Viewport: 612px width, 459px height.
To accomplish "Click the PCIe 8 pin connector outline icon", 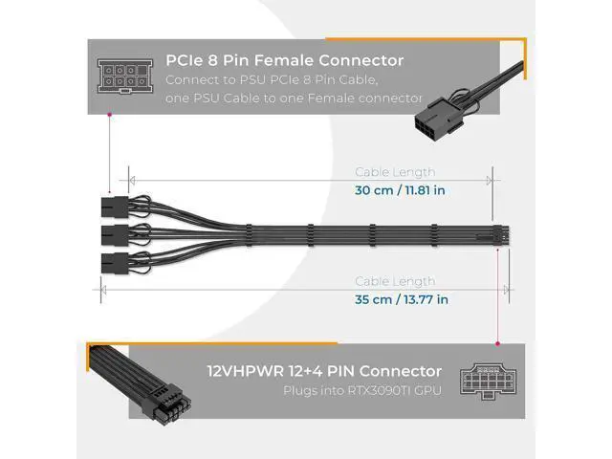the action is pyautogui.click(x=125, y=76).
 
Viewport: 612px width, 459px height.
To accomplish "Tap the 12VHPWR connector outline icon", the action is pyautogui.click(x=488, y=382).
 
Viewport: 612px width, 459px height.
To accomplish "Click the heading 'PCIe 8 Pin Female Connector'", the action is pyautogui.click(x=285, y=60).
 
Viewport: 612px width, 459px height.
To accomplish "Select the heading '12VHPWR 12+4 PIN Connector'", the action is pyautogui.click(x=324, y=371).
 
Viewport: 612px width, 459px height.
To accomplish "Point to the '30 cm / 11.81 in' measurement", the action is pyautogui.click(x=400, y=190).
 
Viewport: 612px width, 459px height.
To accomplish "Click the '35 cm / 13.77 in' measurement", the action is pyautogui.click(x=402, y=299).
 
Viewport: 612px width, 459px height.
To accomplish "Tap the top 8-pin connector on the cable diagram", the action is pyautogui.click(x=115, y=208).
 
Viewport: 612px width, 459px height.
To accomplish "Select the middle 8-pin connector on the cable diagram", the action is pyautogui.click(x=115, y=235).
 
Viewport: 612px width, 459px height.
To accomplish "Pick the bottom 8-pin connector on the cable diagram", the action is pyautogui.click(x=115, y=263).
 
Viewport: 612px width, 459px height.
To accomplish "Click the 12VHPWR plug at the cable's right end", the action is pyautogui.click(x=501, y=235).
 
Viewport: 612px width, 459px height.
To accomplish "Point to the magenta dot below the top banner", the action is pyautogui.click(x=109, y=115).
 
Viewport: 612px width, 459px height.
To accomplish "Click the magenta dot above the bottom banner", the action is pyautogui.click(x=497, y=344).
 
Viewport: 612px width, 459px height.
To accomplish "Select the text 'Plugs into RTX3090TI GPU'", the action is pyautogui.click(x=362, y=391).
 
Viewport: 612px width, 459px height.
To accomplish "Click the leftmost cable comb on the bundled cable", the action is pyautogui.click(x=249, y=235).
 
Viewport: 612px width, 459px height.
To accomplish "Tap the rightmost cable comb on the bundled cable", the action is pyautogui.click(x=433, y=235).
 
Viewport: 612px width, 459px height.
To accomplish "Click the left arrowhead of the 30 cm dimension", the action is pyautogui.click(x=132, y=181).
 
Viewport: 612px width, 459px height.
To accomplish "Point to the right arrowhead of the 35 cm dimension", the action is pyautogui.click(x=506, y=290).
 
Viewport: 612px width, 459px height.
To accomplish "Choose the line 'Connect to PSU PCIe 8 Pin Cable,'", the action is pyautogui.click(x=272, y=80).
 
